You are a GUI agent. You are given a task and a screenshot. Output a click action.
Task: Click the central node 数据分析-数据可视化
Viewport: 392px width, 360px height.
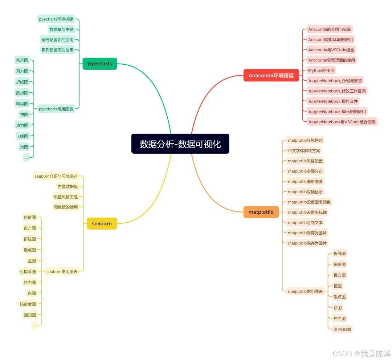[180, 144]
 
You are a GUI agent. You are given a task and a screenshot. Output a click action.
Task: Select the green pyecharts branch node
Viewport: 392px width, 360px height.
[100, 64]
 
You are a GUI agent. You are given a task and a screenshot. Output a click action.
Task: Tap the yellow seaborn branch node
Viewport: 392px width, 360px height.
[102, 223]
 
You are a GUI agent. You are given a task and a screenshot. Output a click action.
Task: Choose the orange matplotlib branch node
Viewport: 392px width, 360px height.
[261, 212]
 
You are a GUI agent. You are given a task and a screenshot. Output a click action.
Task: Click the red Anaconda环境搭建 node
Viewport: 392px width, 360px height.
[271, 76]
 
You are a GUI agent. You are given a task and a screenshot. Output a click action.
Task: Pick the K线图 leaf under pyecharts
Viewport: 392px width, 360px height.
[23, 136]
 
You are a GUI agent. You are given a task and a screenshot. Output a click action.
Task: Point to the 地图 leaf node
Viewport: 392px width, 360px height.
[24, 147]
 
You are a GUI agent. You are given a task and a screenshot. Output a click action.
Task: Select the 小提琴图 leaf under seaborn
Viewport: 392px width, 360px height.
[28, 271]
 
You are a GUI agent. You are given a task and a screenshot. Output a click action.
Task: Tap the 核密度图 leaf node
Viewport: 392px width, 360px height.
[28, 304]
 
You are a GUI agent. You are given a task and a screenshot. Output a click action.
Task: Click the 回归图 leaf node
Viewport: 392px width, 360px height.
[30, 315]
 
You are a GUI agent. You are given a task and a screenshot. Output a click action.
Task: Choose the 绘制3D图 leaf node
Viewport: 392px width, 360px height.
[342, 329]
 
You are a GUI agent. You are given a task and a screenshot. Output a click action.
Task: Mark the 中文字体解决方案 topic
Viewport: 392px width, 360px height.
[304, 150]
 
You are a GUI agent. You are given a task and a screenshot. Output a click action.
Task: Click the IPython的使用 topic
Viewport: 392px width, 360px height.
[321, 70]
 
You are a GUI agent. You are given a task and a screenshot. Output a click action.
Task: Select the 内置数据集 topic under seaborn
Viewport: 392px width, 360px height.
[68, 186]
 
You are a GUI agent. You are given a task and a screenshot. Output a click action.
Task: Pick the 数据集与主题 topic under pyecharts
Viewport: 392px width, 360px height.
[61, 29]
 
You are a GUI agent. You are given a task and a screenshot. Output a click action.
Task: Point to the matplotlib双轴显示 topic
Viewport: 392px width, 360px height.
[305, 191]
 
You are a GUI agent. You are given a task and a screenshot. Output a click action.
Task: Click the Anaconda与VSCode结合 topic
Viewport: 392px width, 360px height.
[331, 50]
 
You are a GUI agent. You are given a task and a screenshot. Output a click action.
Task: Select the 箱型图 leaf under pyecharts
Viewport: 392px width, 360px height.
[22, 104]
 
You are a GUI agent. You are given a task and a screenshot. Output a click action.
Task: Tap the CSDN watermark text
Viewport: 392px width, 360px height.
[362, 353]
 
